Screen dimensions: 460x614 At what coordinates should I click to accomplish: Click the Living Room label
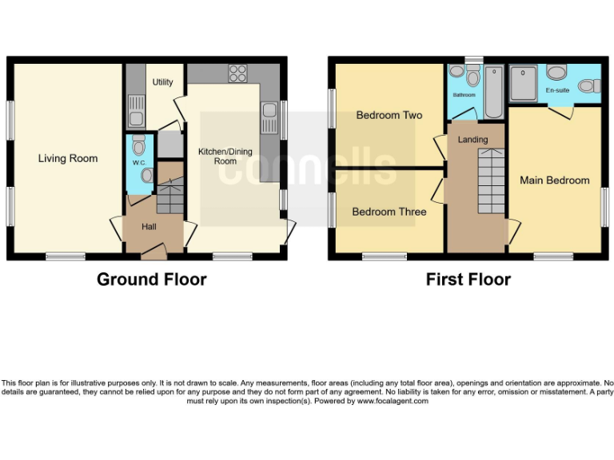point(68,158)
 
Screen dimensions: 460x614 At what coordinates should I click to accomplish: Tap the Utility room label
point(164,82)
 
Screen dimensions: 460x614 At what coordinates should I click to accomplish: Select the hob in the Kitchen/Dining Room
point(237,73)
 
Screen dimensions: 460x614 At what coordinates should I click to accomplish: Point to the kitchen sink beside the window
point(269,116)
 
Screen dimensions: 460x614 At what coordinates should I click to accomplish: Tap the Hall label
point(150,227)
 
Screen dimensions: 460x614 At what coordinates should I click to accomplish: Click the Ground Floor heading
point(151,280)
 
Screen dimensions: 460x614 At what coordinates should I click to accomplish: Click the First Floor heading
point(468,280)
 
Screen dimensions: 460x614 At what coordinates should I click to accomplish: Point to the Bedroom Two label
point(389,115)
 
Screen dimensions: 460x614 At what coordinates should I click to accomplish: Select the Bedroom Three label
point(389,212)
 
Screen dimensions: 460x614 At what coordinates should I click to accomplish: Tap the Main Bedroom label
point(555,180)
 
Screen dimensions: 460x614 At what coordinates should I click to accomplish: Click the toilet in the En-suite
point(556,73)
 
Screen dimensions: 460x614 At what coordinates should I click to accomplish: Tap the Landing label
point(472,140)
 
